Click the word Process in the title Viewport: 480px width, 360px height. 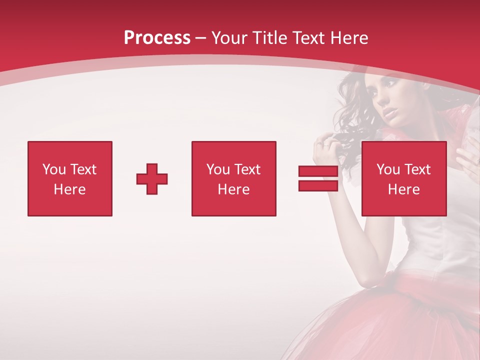point(157,38)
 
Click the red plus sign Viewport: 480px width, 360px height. point(152,179)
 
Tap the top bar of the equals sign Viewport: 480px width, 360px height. point(318,171)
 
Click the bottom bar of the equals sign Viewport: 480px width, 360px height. point(318,185)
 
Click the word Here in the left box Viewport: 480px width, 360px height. point(69,189)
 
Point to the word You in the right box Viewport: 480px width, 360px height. point(388,169)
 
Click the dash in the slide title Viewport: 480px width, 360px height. point(201,38)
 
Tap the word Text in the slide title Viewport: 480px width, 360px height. point(308,38)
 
